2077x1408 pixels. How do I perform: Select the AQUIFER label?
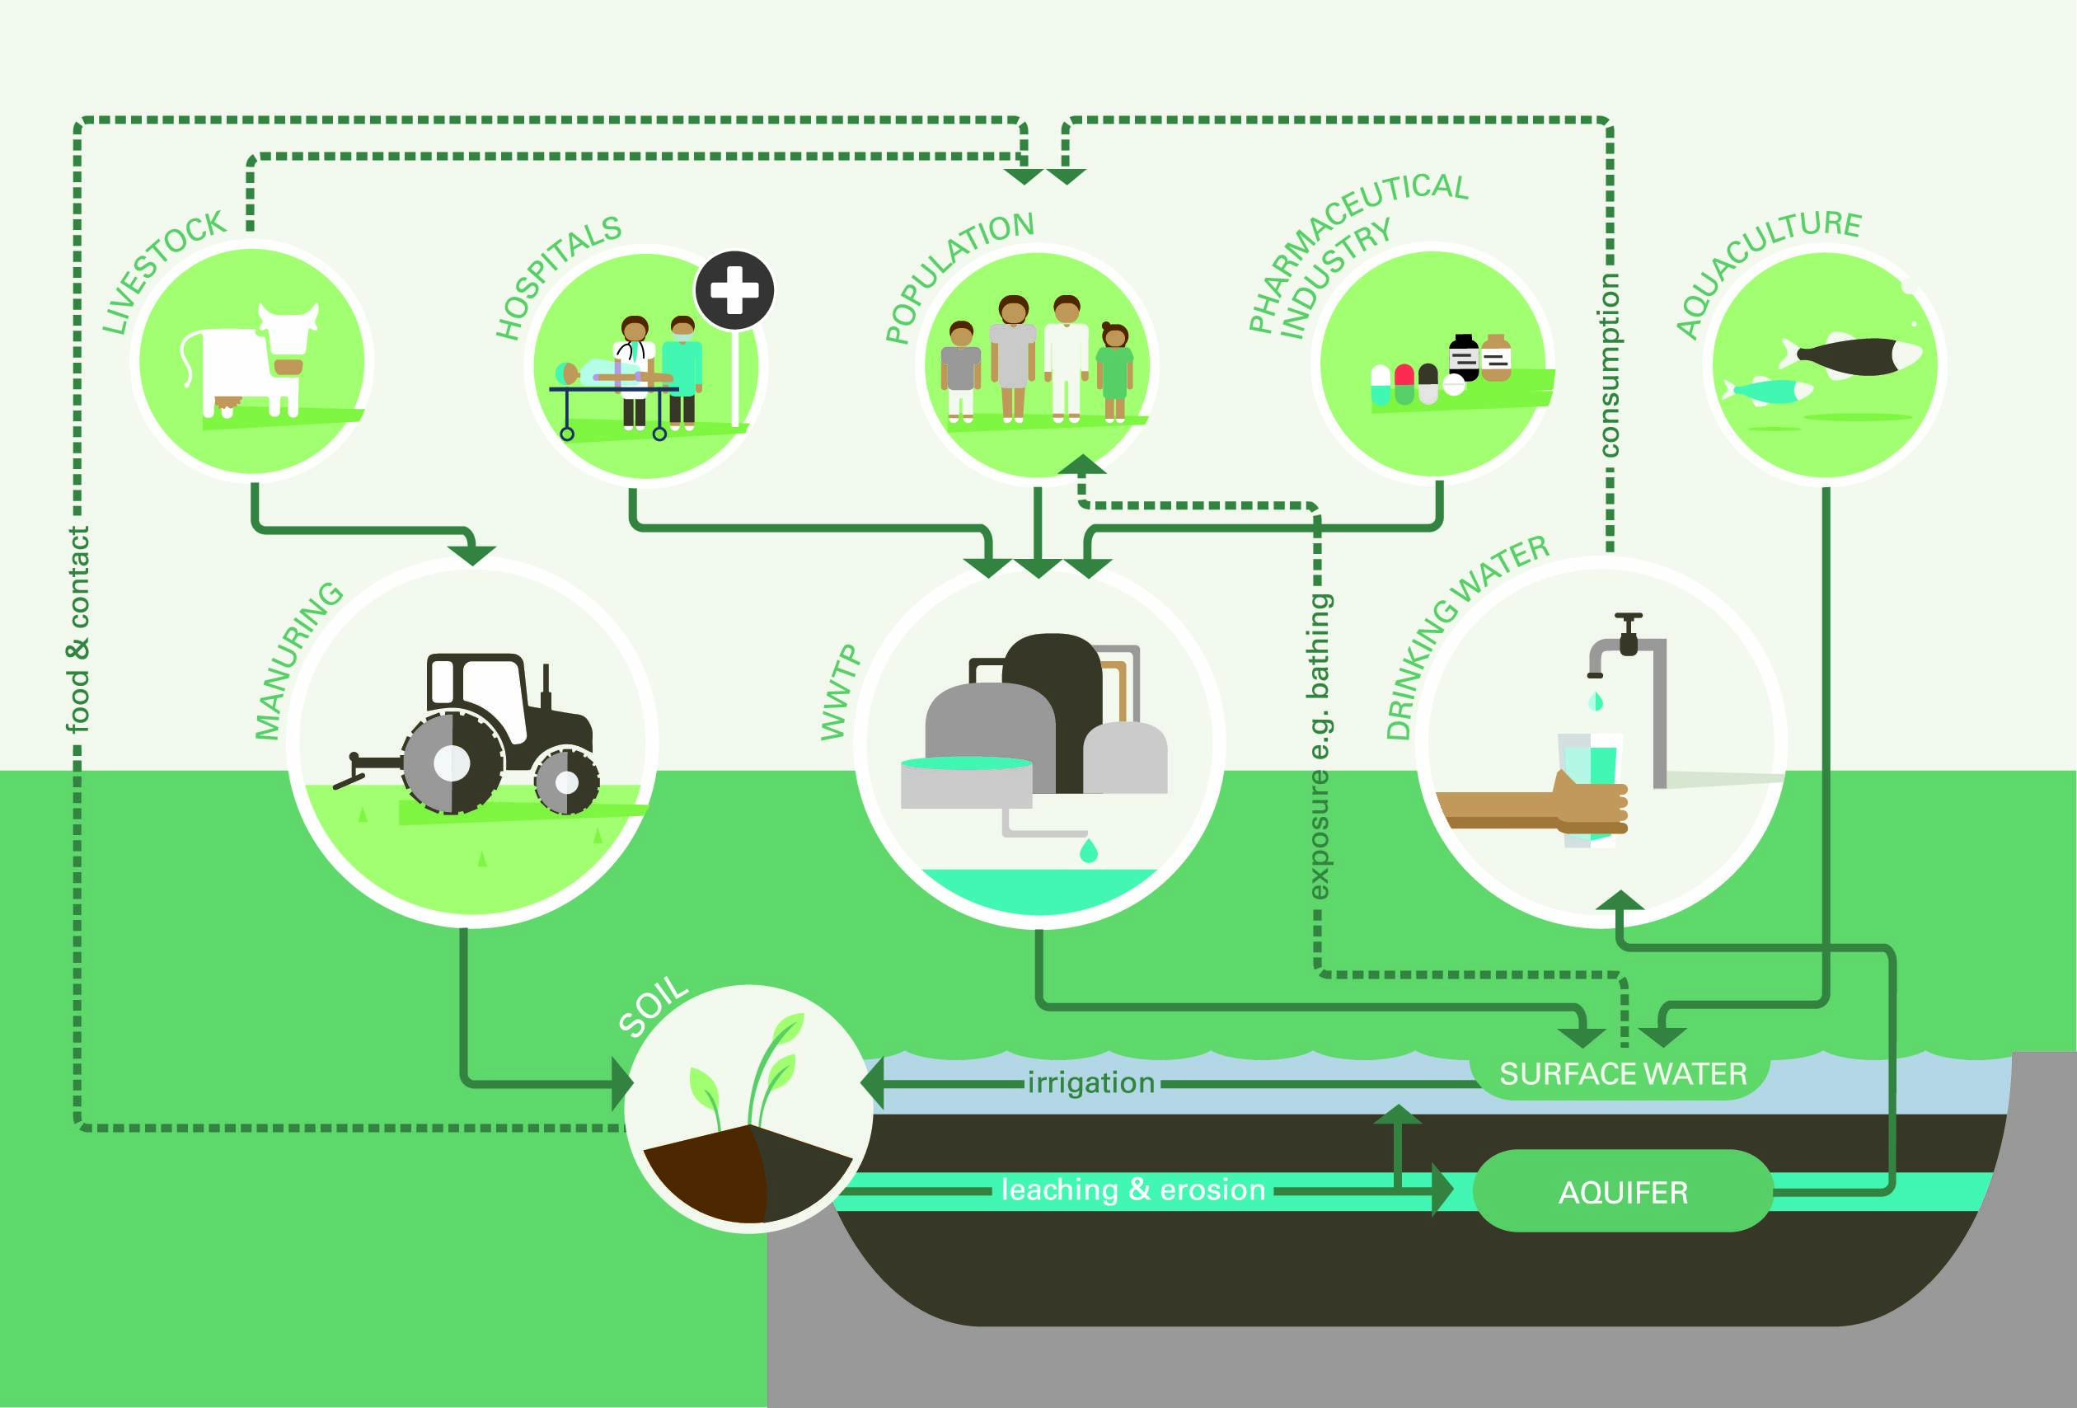tap(1623, 1193)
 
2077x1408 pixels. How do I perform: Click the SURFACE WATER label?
tap(1623, 1073)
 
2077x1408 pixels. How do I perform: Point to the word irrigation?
tap(1091, 1083)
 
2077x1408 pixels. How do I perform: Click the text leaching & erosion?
tap(1133, 1190)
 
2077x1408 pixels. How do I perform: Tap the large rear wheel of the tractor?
tap(452, 763)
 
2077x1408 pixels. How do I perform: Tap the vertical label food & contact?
tap(78, 631)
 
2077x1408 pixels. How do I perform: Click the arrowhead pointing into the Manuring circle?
tap(473, 554)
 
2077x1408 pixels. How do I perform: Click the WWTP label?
tap(839, 692)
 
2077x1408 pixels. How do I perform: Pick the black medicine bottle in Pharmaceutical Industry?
tap(1463, 358)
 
